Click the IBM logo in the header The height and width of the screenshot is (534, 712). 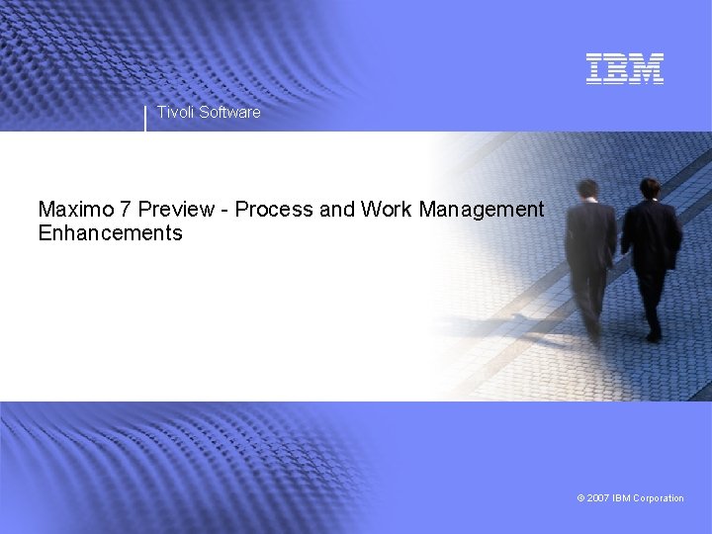point(624,68)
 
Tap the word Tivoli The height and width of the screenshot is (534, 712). point(176,113)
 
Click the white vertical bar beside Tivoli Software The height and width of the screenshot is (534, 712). point(145,118)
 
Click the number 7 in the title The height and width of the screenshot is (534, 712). point(125,210)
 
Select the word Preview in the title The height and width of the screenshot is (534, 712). point(176,210)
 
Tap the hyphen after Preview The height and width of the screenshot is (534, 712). point(225,211)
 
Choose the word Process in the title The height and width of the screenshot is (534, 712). point(273,210)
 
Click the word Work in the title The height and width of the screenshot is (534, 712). point(387,210)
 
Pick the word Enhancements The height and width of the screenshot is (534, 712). point(110,234)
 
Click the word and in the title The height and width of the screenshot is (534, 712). point(337,210)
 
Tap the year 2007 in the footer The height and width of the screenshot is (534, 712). point(597,498)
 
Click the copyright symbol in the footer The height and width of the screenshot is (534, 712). point(580,498)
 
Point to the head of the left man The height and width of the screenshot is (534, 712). point(587,188)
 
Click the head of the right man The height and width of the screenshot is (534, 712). point(649,187)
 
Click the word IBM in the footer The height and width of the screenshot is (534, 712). point(622,498)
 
